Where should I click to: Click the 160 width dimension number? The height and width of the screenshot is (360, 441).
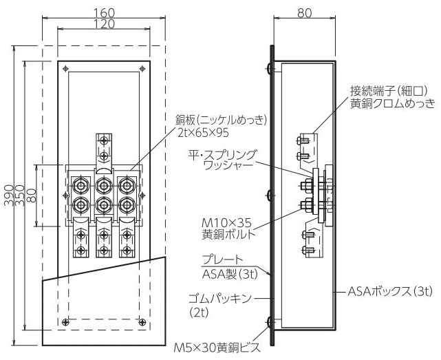(x=104, y=13)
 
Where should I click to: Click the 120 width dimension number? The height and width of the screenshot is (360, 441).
(x=104, y=24)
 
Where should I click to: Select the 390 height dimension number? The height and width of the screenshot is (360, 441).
(x=9, y=195)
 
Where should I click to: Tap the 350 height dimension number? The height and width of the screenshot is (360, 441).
(x=20, y=195)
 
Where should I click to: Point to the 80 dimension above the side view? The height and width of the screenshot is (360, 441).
(x=305, y=13)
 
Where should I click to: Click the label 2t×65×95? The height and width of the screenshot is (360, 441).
(x=204, y=133)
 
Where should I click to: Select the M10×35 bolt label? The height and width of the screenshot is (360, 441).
(x=226, y=223)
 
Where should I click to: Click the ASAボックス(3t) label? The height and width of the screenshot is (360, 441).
(x=390, y=292)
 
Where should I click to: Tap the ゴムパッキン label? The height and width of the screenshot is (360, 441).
(x=219, y=298)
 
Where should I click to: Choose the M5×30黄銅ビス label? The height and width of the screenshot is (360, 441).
(x=217, y=348)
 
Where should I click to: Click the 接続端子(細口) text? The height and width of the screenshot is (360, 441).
(x=389, y=91)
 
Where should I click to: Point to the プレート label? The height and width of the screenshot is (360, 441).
(x=222, y=260)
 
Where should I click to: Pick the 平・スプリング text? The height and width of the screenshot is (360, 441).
(x=222, y=155)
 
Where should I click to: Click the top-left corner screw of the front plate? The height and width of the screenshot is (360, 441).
(x=66, y=68)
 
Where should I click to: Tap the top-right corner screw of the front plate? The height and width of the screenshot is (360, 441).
(x=142, y=68)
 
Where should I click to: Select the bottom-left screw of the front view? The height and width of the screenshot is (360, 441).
(x=65, y=322)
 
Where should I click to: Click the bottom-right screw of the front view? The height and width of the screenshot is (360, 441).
(x=142, y=322)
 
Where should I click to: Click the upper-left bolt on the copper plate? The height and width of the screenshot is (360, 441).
(x=81, y=186)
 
